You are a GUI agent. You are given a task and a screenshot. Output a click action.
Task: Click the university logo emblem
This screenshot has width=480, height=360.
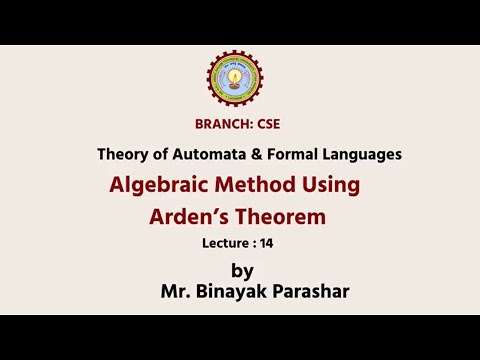[x=237, y=79]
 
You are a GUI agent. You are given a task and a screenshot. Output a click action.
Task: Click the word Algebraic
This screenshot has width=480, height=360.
[x=161, y=186]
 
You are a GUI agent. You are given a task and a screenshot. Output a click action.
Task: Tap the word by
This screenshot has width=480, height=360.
[x=242, y=272]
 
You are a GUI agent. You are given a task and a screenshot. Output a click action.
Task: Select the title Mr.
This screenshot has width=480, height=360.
[x=175, y=293]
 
